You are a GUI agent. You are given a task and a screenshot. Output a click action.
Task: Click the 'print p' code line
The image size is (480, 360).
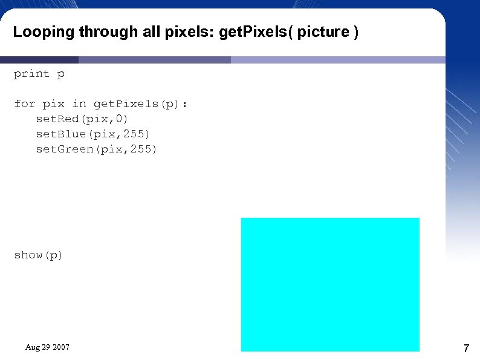point(39,74)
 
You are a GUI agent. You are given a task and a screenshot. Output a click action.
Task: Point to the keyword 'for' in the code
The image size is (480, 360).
point(25,104)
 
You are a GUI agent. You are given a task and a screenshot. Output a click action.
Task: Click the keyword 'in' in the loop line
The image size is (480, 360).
point(79,104)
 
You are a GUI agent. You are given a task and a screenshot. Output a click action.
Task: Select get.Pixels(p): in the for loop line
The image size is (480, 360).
point(140,104)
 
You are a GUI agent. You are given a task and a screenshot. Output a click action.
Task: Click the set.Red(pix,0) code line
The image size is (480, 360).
point(82,119)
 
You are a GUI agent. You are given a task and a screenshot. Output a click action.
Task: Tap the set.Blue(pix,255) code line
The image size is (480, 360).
point(93,134)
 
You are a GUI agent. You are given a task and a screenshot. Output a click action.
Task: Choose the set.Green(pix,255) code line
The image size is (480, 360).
point(97,149)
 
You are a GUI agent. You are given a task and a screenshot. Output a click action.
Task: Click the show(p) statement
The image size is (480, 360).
point(39,255)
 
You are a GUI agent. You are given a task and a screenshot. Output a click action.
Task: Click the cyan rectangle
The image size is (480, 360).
point(330,284)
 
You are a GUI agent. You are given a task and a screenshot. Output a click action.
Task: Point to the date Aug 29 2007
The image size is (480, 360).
point(47,347)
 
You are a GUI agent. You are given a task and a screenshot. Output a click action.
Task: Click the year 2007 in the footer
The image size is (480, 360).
point(61,347)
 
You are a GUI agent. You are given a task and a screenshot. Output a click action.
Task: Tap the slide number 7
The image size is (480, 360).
point(466,349)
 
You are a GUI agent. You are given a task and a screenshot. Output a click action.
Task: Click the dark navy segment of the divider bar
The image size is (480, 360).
point(39,60)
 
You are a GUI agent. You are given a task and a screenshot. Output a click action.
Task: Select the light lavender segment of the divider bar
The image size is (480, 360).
point(339,60)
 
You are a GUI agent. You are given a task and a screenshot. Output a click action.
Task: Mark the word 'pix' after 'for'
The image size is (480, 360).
point(53,104)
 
